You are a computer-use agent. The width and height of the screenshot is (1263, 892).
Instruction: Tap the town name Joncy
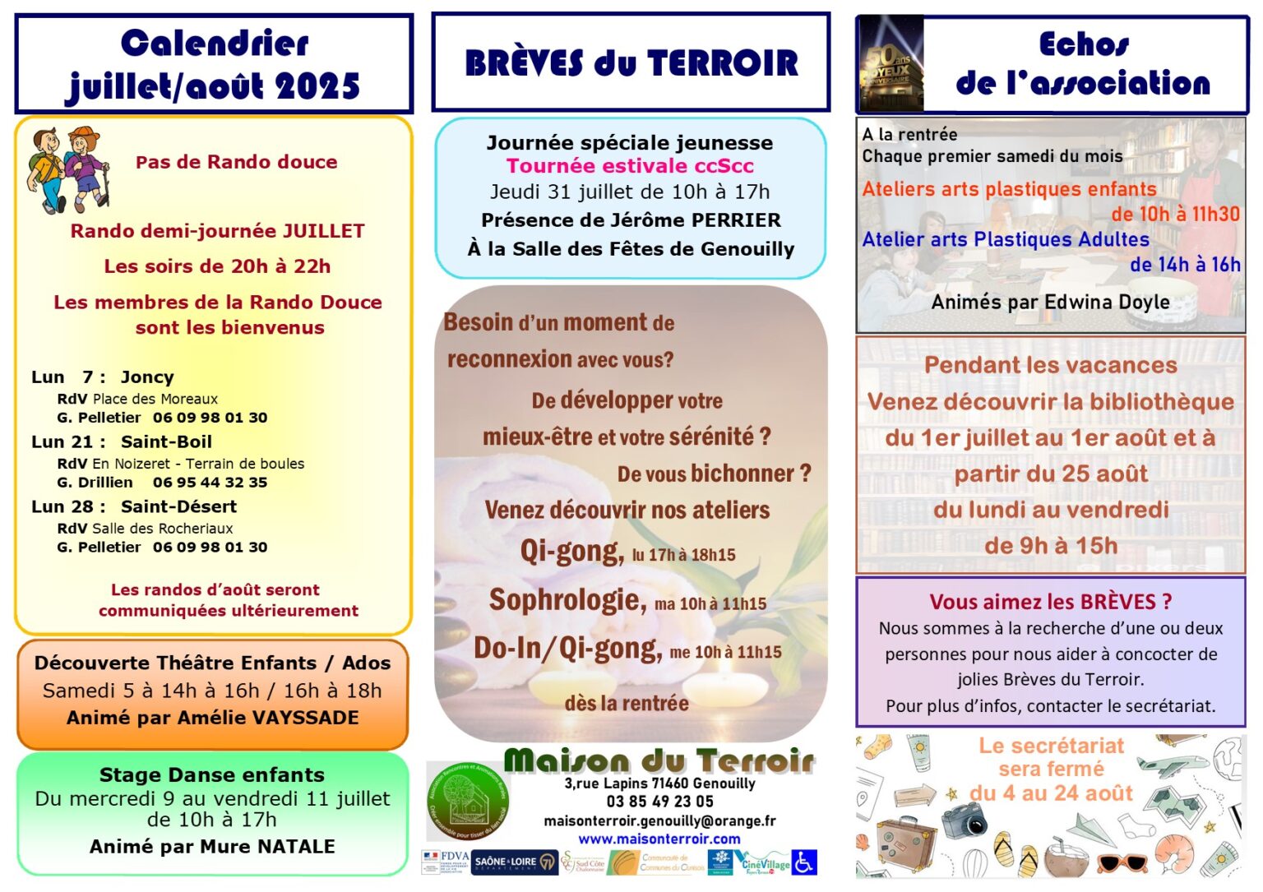pyautogui.click(x=147, y=377)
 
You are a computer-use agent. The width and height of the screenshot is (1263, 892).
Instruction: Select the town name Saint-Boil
pyautogui.click(x=166, y=442)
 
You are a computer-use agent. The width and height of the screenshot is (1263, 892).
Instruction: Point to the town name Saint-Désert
pyautogui.click(x=178, y=507)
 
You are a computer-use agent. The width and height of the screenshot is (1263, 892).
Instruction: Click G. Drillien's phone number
pyautogui.click(x=210, y=483)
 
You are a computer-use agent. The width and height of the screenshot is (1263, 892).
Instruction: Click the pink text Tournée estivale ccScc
pyautogui.click(x=630, y=166)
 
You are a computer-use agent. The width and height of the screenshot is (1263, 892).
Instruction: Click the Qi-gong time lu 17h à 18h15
pyautogui.click(x=684, y=556)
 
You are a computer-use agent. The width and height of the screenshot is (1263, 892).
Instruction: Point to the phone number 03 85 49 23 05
pyautogui.click(x=659, y=802)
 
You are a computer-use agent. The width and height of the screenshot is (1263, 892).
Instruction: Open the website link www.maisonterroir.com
pyautogui.click(x=659, y=839)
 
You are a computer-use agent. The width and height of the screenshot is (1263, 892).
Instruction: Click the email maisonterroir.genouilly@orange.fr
pyautogui.click(x=659, y=820)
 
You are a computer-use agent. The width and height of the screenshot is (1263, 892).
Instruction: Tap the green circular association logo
pyautogui.click(x=468, y=800)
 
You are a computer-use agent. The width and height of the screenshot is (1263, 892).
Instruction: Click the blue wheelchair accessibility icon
pyautogui.click(x=805, y=862)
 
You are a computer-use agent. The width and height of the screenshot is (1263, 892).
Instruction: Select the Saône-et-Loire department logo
pyautogui.click(x=514, y=862)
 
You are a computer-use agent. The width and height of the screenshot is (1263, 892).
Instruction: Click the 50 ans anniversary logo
pyautogui.click(x=891, y=64)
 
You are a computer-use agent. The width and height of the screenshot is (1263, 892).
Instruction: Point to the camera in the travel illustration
pyautogui.click(x=964, y=820)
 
